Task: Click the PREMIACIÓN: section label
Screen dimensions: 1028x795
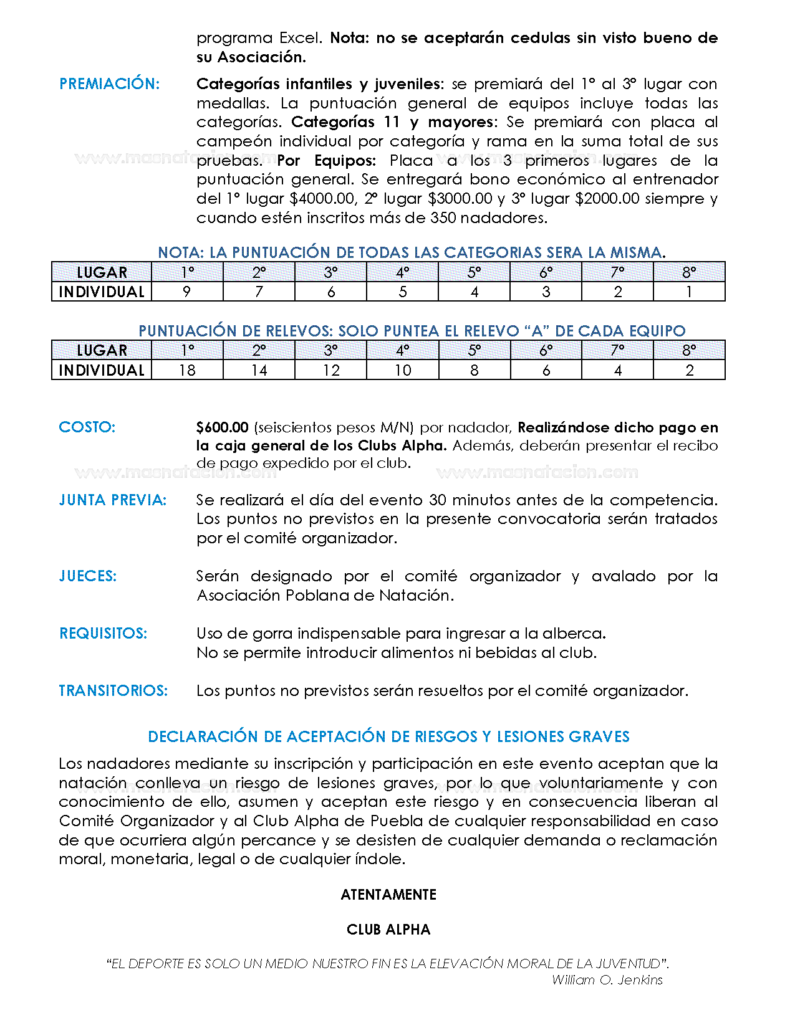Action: coord(110,84)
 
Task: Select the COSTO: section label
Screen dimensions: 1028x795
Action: coord(87,427)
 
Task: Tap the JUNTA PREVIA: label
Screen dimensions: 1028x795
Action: coord(113,500)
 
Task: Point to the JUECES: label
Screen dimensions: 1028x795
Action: coord(88,576)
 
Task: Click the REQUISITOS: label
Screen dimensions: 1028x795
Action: coord(104,634)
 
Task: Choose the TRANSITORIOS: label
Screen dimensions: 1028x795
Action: coord(113,691)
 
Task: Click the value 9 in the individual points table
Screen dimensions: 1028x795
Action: coord(187,292)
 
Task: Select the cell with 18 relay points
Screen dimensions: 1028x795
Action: coord(187,371)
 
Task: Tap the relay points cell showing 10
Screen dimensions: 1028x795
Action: coord(403,371)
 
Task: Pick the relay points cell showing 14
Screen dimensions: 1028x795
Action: coord(259,371)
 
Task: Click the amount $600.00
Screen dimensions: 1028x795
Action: coord(223,428)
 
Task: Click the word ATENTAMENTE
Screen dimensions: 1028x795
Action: coord(388,895)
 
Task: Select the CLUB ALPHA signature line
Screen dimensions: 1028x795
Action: coord(388,930)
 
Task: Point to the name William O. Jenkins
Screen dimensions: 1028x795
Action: coord(607,980)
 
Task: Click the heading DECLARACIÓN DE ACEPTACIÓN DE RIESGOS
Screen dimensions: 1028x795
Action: coord(388,737)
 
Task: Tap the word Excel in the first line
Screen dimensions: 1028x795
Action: coord(301,38)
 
